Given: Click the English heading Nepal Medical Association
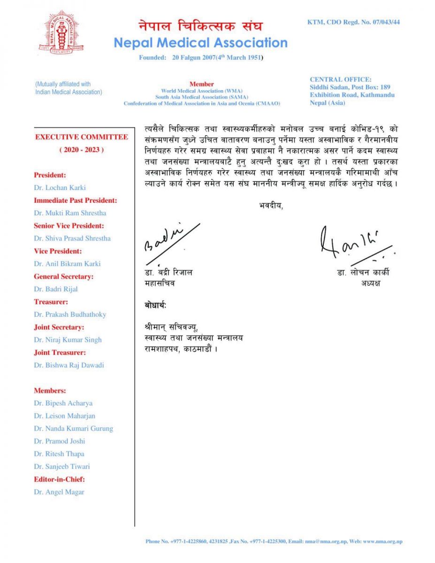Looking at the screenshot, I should click(x=200, y=43).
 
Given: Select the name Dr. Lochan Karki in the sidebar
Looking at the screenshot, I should click(x=60, y=188).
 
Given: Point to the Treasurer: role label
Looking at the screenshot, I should click(x=51, y=302).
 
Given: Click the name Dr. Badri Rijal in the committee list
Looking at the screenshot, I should click(x=56, y=289).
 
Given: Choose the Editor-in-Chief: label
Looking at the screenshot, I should click(x=59, y=479).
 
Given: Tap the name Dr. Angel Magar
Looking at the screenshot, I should click(x=59, y=492).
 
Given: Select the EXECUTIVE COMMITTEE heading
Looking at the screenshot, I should click(x=82, y=137).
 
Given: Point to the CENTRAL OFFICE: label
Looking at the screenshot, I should click(x=340, y=79).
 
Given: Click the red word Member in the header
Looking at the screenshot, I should click(x=202, y=84).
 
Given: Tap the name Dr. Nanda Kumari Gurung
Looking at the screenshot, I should click(x=73, y=428).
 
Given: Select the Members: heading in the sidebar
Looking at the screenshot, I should click(x=50, y=390).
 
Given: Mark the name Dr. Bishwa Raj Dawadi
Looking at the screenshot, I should click(x=69, y=365).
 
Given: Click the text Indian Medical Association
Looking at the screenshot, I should click(x=69, y=92).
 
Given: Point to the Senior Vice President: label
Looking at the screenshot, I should click(x=69, y=226).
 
